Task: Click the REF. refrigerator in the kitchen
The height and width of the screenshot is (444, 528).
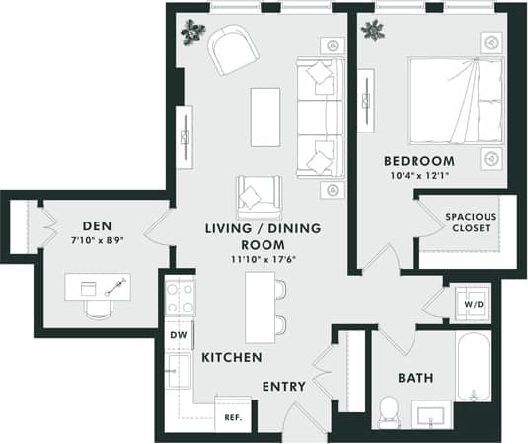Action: point(234,417)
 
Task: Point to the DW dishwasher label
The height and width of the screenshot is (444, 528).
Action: point(179,335)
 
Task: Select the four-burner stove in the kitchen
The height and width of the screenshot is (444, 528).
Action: point(180,297)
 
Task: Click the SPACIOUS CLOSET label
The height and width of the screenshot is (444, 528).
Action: point(470,222)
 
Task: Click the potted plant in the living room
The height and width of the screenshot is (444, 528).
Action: point(191,31)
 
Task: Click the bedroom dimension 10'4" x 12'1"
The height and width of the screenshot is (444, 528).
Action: point(420,177)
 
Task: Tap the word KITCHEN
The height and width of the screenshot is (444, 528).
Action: point(232,357)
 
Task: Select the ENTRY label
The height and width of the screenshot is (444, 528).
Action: point(283,386)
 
